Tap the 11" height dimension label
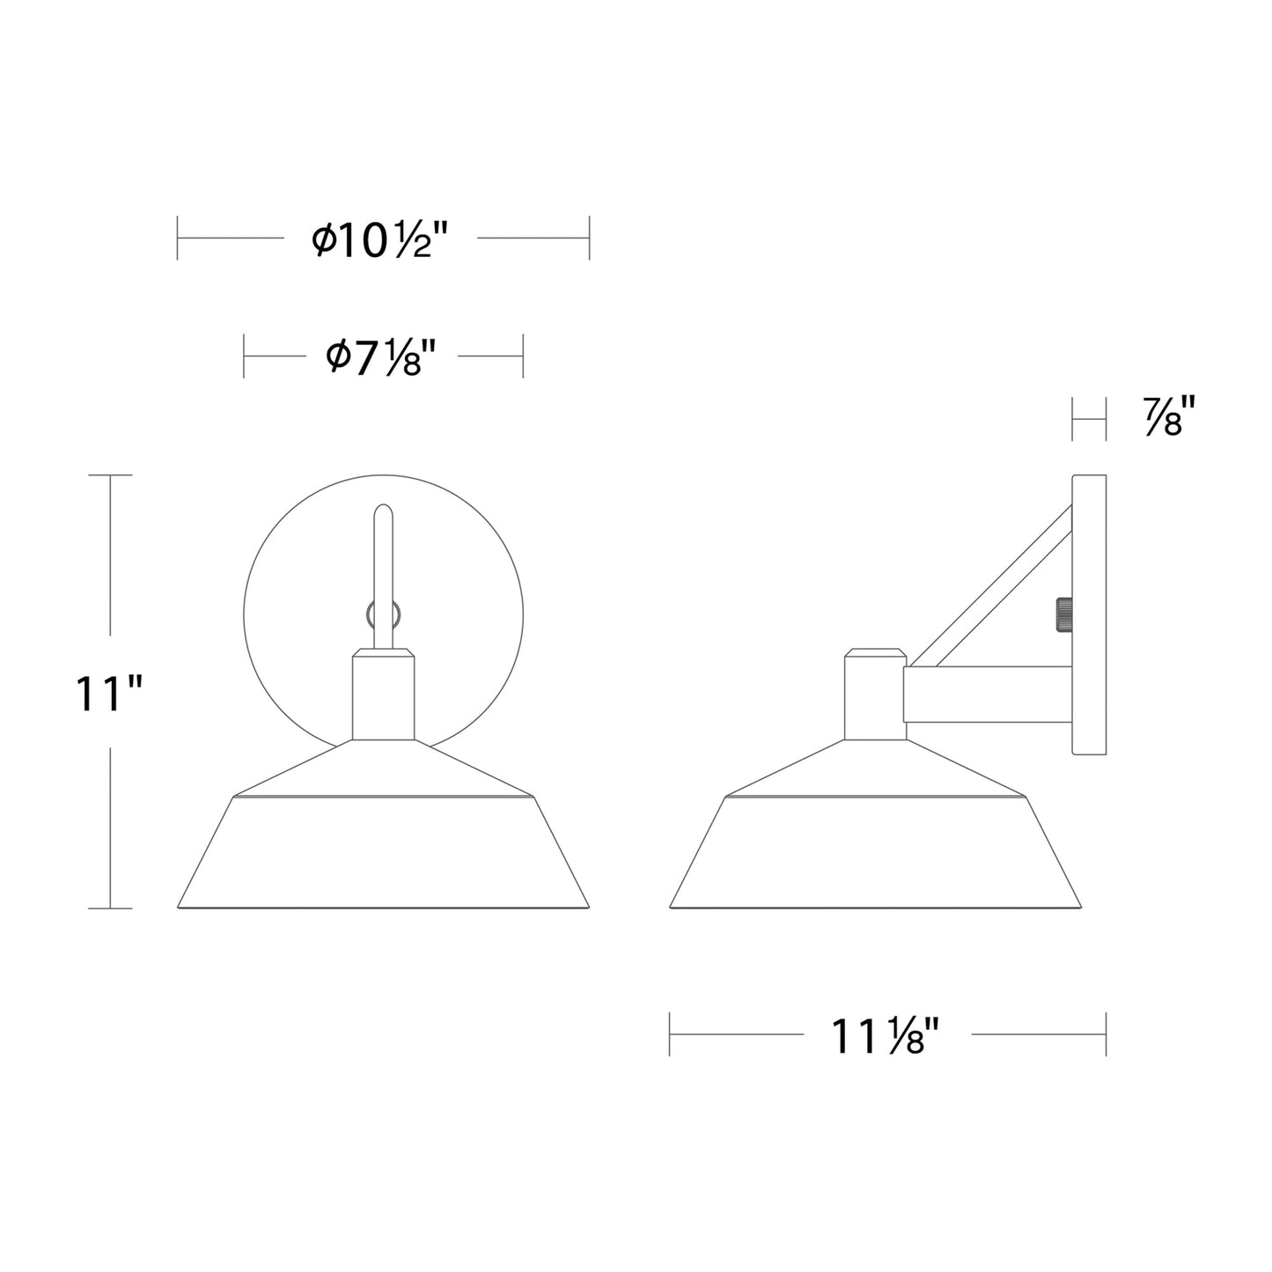point(108,694)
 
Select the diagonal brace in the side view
point(990,586)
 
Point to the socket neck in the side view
point(874,695)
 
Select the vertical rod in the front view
point(383,563)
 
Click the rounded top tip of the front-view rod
point(383,510)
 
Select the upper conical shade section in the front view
point(383,769)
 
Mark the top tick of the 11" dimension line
point(109,475)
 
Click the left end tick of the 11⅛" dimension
point(670,1033)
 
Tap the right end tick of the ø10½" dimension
point(589,238)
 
